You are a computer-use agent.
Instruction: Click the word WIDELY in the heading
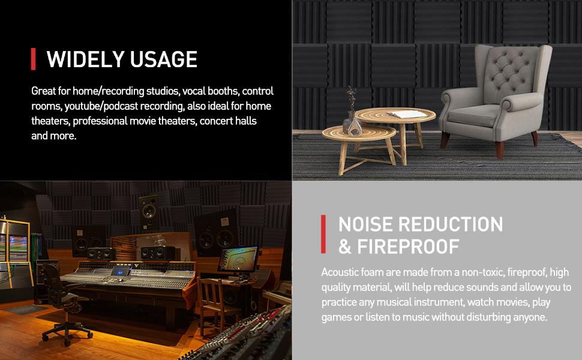80,59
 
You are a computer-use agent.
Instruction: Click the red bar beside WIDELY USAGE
34,59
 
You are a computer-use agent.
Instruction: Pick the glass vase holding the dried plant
352,124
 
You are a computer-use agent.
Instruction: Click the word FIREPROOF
408,247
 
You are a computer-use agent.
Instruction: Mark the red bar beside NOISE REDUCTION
324,235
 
